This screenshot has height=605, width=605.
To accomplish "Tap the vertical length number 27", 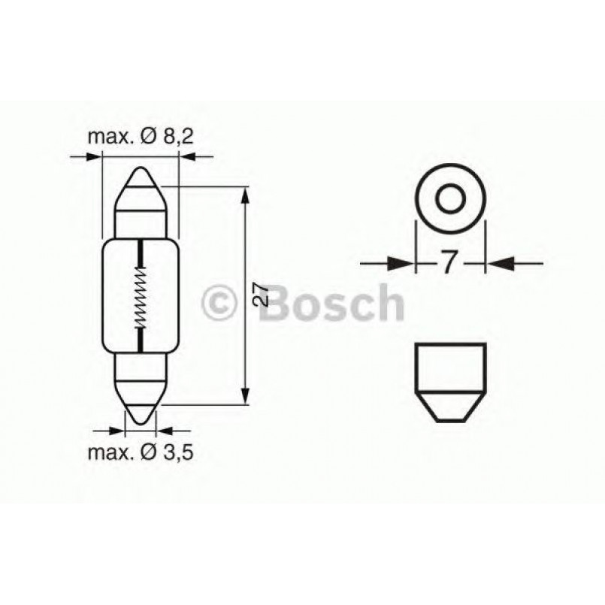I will [259, 294].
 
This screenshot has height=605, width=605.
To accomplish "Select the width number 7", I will [448, 263].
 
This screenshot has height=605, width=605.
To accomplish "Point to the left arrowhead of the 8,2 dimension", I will [92, 157].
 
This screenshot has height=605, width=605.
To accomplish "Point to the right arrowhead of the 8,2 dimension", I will [187, 157].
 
